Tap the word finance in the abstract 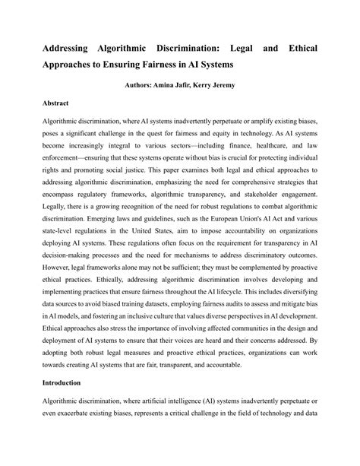click(223, 142)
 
